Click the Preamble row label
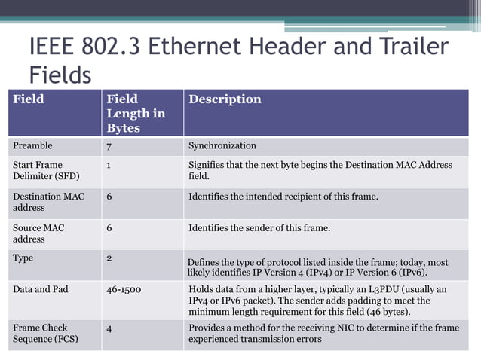click(32, 145)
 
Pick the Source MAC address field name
click(38, 233)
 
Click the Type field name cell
click(23, 258)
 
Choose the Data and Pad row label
click(40, 289)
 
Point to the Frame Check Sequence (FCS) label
click(45, 334)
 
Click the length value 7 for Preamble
click(109, 145)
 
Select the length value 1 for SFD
click(109, 165)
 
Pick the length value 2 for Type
click(109, 258)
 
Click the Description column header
click(225, 99)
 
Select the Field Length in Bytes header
click(136, 113)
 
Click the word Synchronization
click(222, 145)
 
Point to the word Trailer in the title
click(412, 47)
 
